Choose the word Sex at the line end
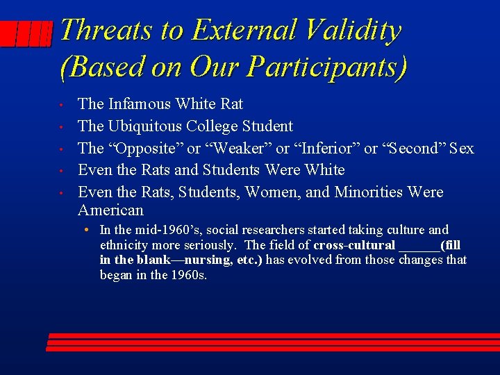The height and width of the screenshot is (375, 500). (461, 148)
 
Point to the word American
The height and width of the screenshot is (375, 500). (110, 210)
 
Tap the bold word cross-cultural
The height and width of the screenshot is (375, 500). (354, 245)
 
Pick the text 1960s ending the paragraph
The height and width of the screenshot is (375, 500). (191, 274)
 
